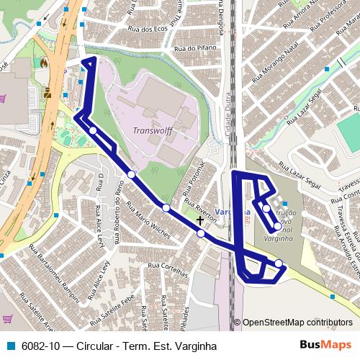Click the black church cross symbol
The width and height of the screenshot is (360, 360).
click(200, 220)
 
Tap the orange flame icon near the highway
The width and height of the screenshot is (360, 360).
click(45, 63)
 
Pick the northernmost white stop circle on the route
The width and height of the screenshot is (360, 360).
click(94, 130)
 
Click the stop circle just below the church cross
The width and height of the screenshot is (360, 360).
click(200, 233)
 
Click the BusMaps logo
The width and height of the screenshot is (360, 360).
click(320, 346)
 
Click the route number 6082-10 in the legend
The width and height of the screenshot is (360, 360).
click(37, 346)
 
